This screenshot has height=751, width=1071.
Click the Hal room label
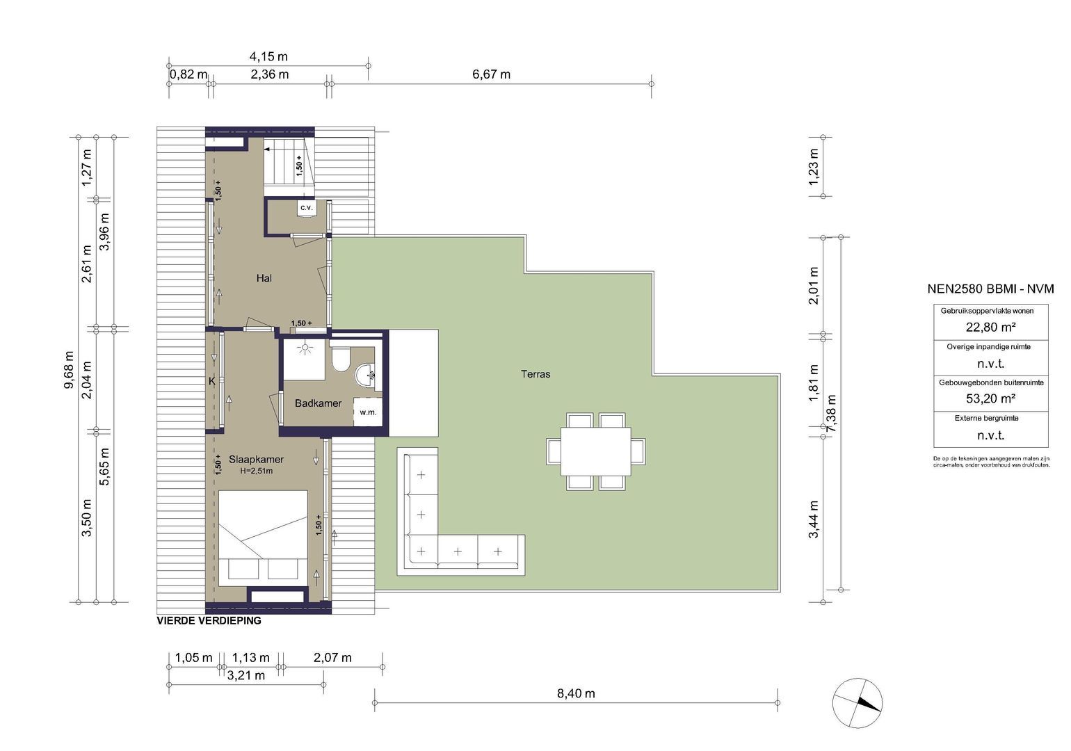point(264,278)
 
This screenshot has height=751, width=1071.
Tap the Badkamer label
point(318,403)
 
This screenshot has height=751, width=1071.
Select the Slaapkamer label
point(256,460)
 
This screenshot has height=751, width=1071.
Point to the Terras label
point(535,374)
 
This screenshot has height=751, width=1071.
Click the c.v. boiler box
point(306,209)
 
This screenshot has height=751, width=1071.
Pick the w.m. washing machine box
point(368,412)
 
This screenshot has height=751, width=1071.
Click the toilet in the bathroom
point(341,360)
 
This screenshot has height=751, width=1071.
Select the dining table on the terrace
point(596,451)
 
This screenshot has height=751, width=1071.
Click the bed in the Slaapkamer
point(263,538)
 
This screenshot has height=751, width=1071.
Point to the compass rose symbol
point(857,703)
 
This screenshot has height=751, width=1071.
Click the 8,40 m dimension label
point(576,694)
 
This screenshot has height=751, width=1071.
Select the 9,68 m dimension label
point(70,369)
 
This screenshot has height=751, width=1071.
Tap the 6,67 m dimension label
point(492,74)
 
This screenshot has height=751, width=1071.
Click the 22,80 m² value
point(990,327)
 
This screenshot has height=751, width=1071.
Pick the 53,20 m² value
point(990,398)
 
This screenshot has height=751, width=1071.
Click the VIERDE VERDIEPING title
point(209,621)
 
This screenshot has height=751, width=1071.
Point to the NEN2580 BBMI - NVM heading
point(990,289)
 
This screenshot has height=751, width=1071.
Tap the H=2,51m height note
point(256,471)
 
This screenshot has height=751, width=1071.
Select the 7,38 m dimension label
point(832,414)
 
